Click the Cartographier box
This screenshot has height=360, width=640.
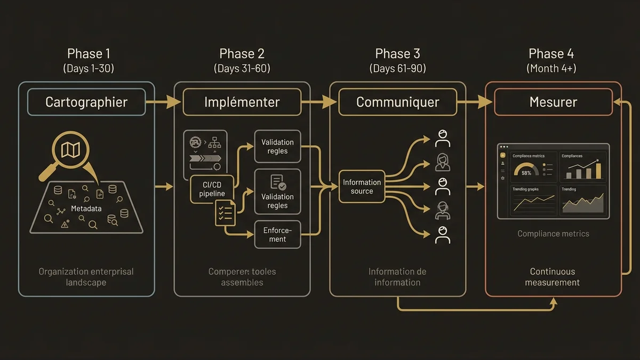click(86, 102)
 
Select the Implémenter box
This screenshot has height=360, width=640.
click(242, 102)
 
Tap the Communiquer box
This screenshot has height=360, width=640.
click(397, 102)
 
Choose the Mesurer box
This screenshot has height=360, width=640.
click(553, 102)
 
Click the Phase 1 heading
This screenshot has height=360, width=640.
click(88, 54)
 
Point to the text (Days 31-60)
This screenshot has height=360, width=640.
click(242, 68)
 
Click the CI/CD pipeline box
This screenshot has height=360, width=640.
click(212, 189)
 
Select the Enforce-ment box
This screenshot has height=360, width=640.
click(277, 235)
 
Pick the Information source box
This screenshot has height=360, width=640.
click(362, 187)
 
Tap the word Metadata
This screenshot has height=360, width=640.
click(86, 209)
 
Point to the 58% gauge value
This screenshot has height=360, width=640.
click(526, 173)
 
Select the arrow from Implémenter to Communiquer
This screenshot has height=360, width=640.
click(319, 102)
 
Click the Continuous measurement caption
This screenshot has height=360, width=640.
click(552, 277)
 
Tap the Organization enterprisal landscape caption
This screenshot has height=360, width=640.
click(86, 277)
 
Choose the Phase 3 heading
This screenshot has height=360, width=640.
click(397, 54)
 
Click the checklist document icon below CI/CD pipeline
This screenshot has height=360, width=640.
click(225, 212)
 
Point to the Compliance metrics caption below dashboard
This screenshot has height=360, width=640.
click(553, 234)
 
